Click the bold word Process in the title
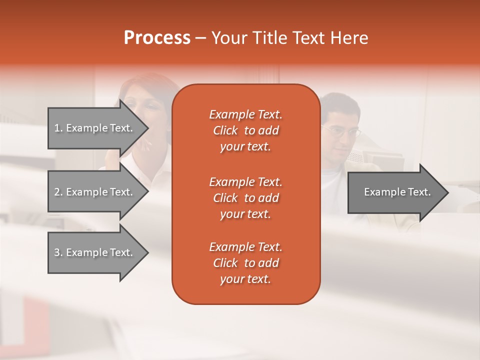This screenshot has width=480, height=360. [x=157, y=38]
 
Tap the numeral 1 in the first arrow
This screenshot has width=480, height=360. [x=57, y=128]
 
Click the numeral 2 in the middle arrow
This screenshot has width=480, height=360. [x=57, y=192]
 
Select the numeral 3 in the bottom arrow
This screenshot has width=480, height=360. [x=57, y=252]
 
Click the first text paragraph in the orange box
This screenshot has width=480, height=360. [x=245, y=130]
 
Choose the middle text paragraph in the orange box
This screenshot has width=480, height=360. [x=245, y=198]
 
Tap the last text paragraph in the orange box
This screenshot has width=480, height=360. [x=245, y=263]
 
